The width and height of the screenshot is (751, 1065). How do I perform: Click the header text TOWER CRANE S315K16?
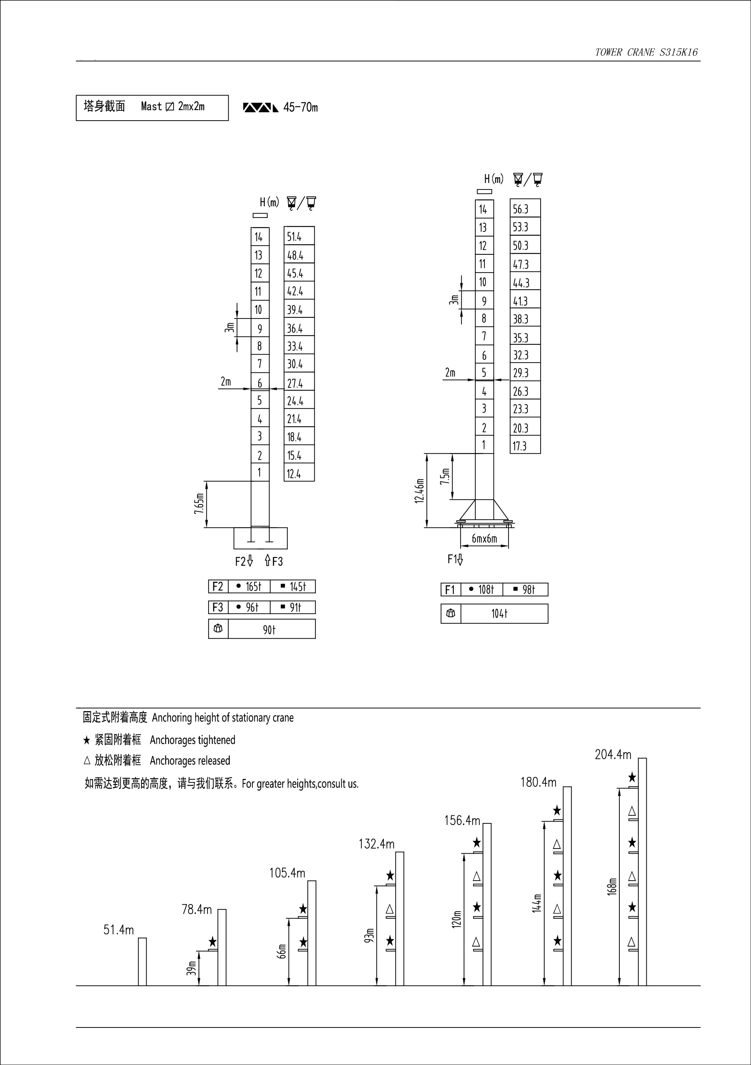click(x=646, y=52)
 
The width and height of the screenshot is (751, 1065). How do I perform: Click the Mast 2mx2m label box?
click(x=152, y=108)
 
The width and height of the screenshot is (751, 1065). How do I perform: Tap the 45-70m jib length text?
click(x=300, y=108)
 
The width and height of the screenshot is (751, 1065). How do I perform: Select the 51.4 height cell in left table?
click(x=299, y=237)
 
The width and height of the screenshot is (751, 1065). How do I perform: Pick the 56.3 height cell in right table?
click(x=525, y=209)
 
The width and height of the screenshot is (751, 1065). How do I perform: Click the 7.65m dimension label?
click(x=199, y=504)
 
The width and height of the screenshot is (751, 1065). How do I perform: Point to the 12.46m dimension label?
click(x=419, y=491)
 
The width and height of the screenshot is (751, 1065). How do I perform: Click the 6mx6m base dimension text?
click(x=484, y=539)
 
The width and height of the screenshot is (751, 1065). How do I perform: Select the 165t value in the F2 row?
click(x=249, y=587)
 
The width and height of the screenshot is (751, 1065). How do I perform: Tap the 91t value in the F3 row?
click(x=293, y=607)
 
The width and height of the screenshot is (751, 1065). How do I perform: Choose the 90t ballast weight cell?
click(x=270, y=629)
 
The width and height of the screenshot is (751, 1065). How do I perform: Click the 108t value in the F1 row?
click(x=482, y=590)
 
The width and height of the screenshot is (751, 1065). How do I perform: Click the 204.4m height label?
click(x=613, y=755)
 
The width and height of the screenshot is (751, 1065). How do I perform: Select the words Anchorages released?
click(x=190, y=761)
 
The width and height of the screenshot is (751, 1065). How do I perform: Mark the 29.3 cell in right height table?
click(x=525, y=373)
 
